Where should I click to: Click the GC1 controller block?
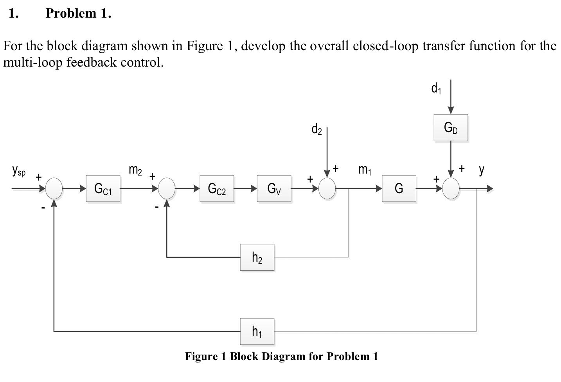(x=103, y=189)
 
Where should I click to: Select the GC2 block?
(x=217, y=189)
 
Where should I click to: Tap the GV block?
(x=274, y=189)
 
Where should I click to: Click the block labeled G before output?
(x=399, y=189)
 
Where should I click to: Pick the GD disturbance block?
(x=450, y=128)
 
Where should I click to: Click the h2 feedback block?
(x=257, y=257)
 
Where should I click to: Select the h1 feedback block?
(x=257, y=331)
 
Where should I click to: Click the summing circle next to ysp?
(x=54, y=188)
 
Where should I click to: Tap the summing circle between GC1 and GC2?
(x=167, y=188)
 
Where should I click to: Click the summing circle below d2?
(x=327, y=188)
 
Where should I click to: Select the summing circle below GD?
(x=451, y=188)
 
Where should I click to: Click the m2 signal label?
(x=135, y=170)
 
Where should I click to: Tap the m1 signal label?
(x=365, y=170)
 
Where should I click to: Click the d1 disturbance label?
(x=436, y=89)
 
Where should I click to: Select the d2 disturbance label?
(x=316, y=129)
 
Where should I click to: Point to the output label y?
(x=481, y=169)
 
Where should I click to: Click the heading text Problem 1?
(x=78, y=13)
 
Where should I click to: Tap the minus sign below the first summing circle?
(x=43, y=207)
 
